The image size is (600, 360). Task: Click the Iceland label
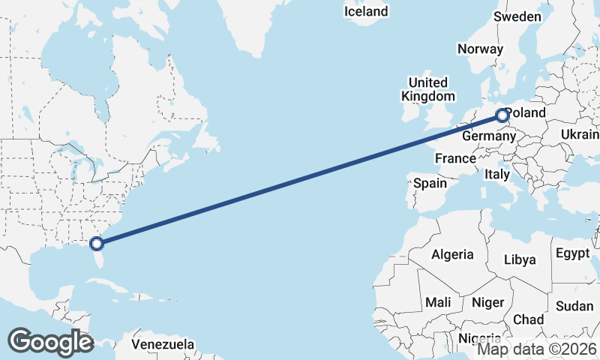[366, 11]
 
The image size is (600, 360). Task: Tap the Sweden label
[517, 16]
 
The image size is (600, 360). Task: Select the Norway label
[480, 49]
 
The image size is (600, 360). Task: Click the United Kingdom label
[427, 89]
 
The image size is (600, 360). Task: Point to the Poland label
[526, 113]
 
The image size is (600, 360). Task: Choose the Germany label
[487, 136]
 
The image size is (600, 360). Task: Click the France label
[455, 158]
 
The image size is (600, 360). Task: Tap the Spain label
[430, 183]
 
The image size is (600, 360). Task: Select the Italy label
[496, 174]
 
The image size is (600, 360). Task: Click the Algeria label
[452, 254]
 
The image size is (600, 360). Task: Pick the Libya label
[520, 259]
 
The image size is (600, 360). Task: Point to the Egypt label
[573, 253]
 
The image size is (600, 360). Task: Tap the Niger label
[487, 302]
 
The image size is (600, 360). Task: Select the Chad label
[529, 319]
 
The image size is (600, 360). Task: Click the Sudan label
[574, 306]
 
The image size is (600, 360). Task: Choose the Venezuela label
[163, 345]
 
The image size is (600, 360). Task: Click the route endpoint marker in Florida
[96, 243]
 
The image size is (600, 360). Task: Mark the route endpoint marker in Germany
[502, 115]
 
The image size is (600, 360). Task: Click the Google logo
[49, 342]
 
